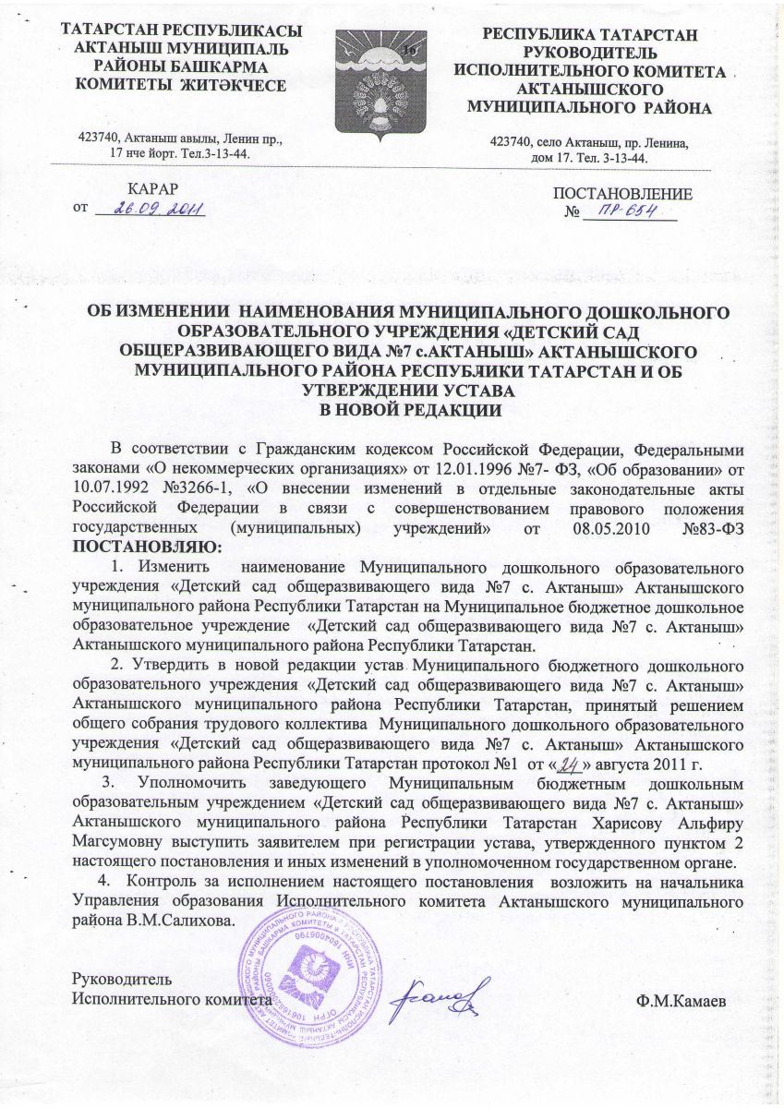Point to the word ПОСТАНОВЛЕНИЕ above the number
621,194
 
